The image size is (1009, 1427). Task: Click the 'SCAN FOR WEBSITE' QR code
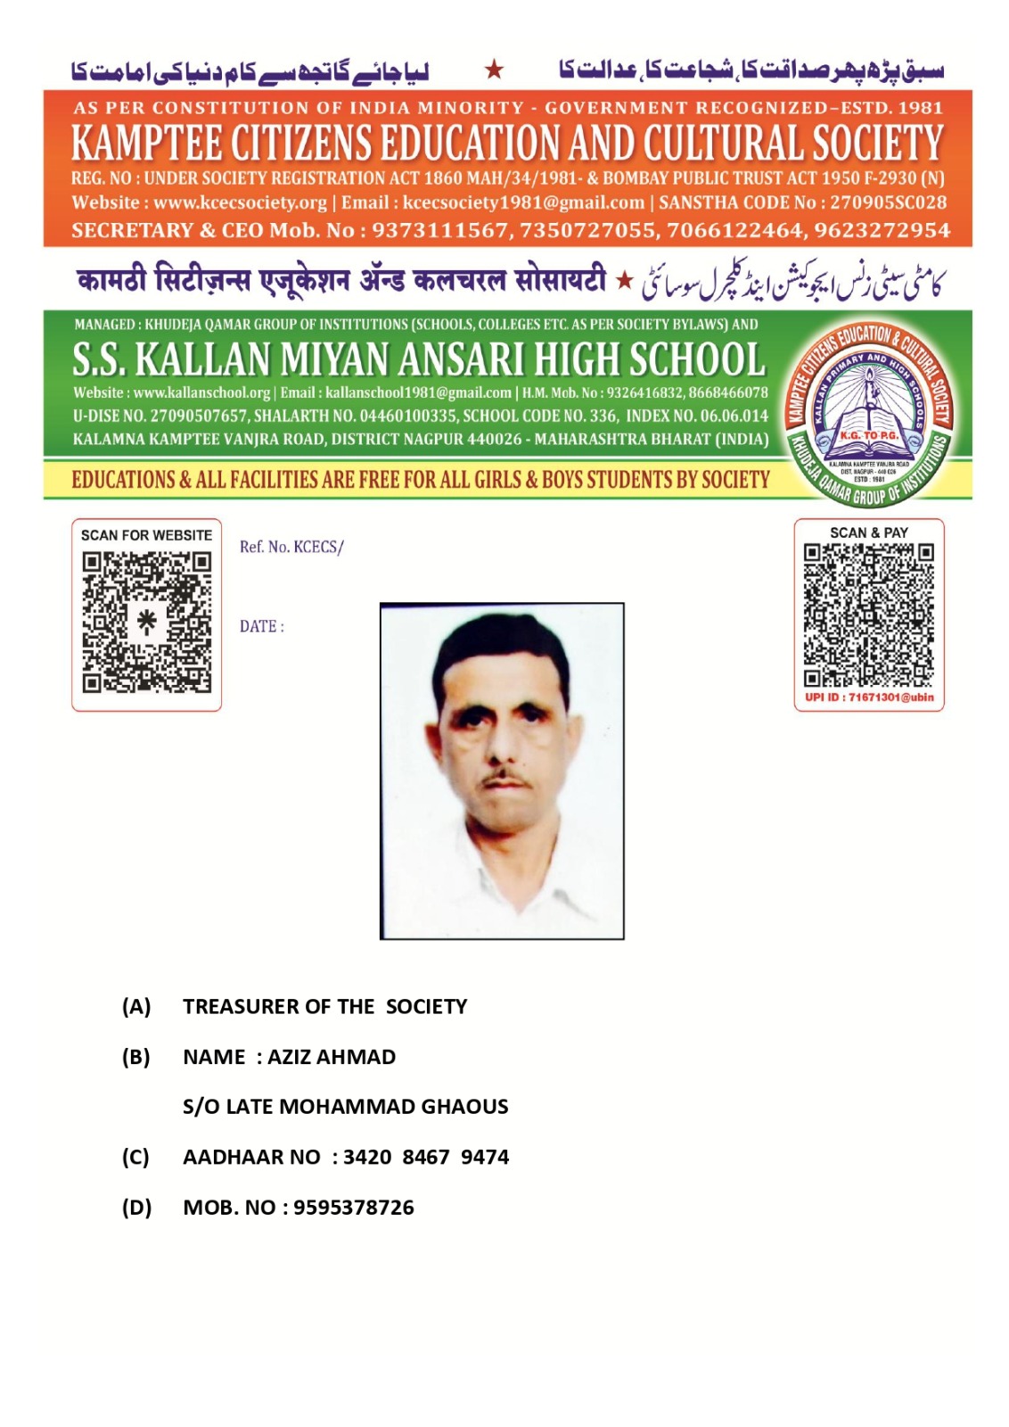coord(146,622)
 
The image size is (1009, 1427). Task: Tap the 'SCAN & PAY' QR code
coord(868,615)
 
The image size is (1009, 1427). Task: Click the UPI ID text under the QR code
coord(869,697)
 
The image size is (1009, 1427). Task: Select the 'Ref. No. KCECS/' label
coord(291,547)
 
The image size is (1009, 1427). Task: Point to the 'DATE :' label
coord(262,627)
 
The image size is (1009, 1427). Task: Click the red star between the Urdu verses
coord(495,70)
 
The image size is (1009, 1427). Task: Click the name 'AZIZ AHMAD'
coord(332,1057)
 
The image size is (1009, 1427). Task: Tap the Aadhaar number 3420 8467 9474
coord(426,1157)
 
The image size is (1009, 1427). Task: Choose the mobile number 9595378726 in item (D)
coord(354,1208)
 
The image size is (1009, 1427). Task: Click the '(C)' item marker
coord(136,1157)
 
